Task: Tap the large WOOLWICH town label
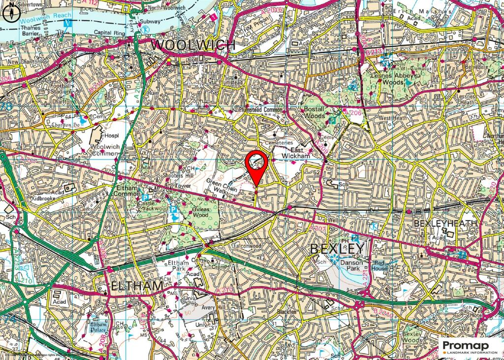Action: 193,45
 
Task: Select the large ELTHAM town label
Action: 130,286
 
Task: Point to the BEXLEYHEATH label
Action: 445,223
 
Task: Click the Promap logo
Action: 470,347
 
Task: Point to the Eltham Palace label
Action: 97,326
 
